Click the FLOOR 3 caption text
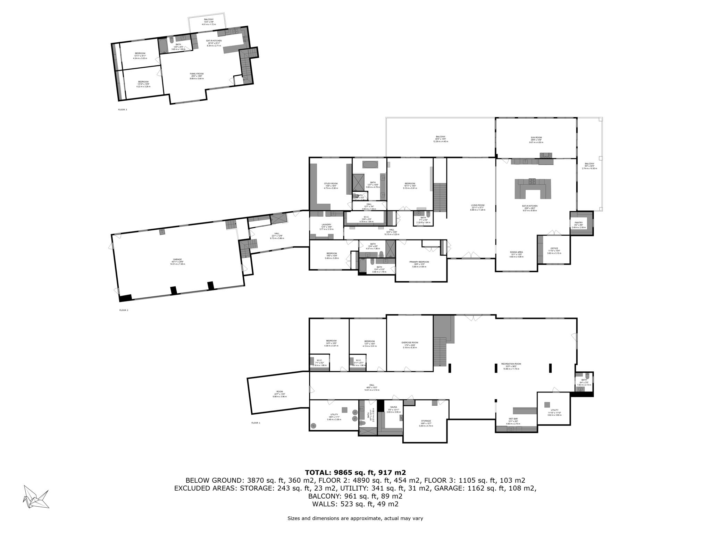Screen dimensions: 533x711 coord(123,110)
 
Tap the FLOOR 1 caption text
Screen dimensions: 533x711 coord(256,423)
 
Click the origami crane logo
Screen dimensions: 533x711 coord(36,497)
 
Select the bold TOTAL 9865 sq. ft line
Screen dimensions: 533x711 coord(355,472)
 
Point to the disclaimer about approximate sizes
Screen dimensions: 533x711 coord(355,518)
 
